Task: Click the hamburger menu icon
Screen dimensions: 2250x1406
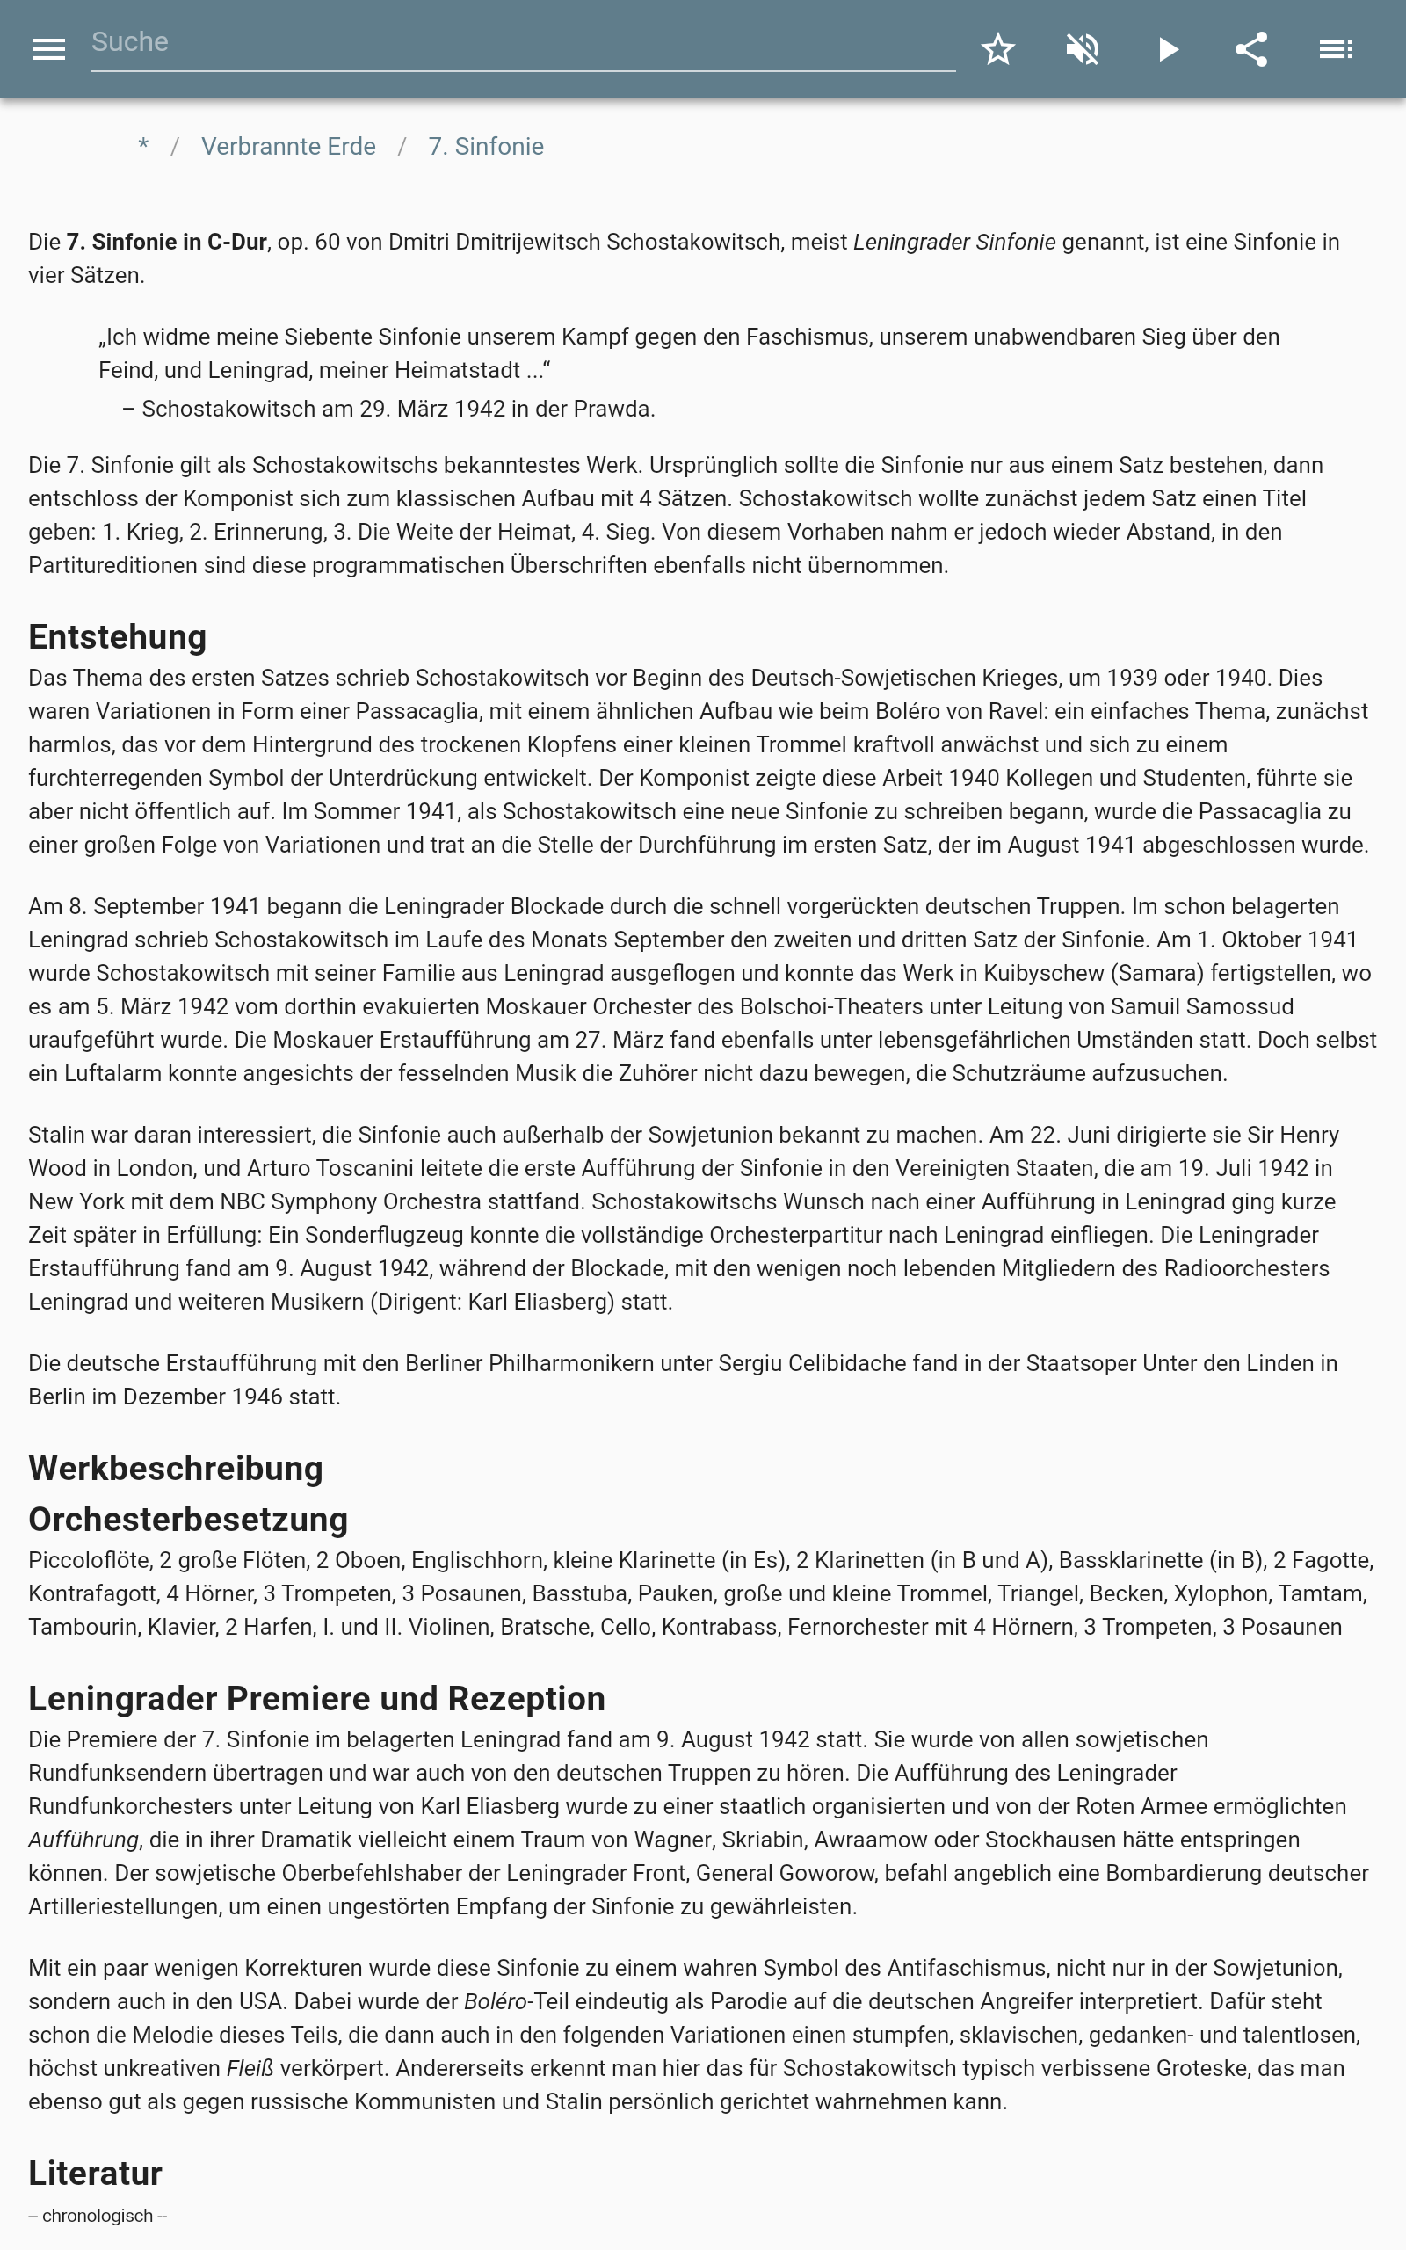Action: (48, 49)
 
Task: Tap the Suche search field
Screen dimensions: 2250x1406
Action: (521, 43)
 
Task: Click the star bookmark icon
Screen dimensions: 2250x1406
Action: (997, 49)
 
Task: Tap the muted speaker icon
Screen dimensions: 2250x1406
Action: (1083, 49)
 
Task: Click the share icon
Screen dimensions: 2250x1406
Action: (1251, 49)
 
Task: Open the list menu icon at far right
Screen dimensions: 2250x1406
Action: (1336, 49)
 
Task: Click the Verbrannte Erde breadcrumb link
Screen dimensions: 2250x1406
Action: (288, 147)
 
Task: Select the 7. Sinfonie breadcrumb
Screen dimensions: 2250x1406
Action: (485, 147)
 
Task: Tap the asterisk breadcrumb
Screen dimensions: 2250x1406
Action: (143, 147)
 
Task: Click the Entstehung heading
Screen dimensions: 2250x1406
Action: (117, 638)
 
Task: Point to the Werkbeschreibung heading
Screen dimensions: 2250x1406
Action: (176, 1468)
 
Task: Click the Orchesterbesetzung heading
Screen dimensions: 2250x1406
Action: (188, 1520)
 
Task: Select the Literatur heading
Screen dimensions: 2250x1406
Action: (95, 2174)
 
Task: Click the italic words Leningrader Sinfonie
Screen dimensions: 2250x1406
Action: (954, 243)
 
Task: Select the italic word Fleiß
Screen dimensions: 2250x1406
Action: (250, 2069)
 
